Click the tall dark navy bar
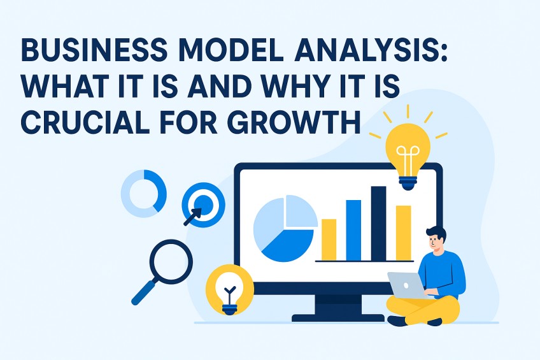click(x=378, y=223)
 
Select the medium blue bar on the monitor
click(x=353, y=230)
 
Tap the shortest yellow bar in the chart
click(x=329, y=240)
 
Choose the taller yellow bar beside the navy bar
click(x=403, y=233)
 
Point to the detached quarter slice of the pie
click(x=301, y=211)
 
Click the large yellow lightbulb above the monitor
click(x=407, y=150)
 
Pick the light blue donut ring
click(x=143, y=191)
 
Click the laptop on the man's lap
click(x=408, y=285)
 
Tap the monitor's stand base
click(x=338, y=315)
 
